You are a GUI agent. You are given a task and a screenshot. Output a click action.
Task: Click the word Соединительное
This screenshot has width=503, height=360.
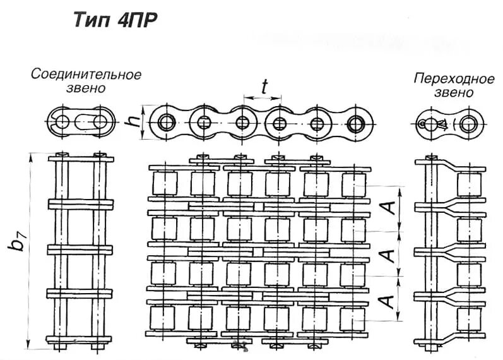pyautogui.click(x=86, y=75)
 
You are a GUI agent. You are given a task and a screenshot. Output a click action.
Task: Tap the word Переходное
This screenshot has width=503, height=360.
pyautogui.click(x=453, y=78)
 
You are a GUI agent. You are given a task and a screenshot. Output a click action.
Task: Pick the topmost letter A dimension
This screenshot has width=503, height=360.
pyautogui.click(x=391, y=208)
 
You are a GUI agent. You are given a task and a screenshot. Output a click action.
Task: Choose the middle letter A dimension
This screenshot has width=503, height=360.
pyautogui.click(x=391, y=254)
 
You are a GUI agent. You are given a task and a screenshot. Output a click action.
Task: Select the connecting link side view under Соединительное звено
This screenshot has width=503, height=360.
pyautogui.click(x=81, y=121)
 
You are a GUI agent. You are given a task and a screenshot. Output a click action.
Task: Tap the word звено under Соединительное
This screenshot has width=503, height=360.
pyautogui.click(x=86, y=88)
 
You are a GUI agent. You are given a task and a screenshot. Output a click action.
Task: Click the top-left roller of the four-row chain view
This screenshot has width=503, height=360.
pyautogui.click(x=165, y=183)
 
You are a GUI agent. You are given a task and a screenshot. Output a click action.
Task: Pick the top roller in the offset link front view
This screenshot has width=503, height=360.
pyautogui.click(x=469, y=184)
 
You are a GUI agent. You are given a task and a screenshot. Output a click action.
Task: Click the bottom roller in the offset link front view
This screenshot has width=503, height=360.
pyautogui.click(x=469, y=319)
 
